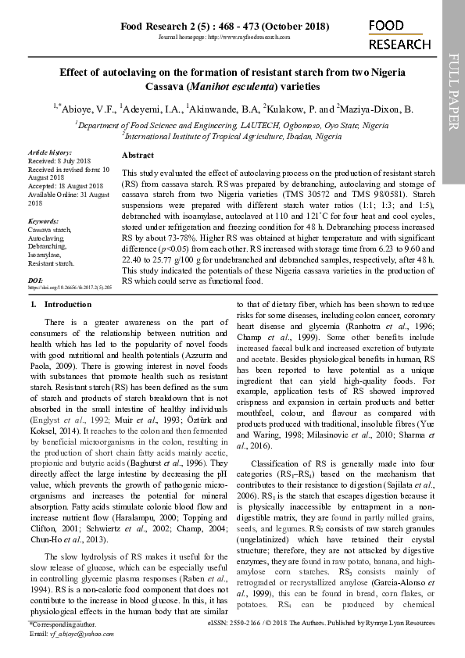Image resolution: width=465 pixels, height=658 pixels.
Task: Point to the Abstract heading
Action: pos(138,156)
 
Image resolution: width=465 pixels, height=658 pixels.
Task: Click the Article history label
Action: pos(49,152)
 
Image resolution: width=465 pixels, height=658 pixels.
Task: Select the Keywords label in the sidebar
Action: pos(43,221)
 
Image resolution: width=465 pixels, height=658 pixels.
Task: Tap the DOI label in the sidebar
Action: pos(35,279)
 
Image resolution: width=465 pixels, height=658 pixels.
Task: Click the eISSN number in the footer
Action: pos(243,624)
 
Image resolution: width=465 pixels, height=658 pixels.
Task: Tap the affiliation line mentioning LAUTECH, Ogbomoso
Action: pos(232,124)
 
